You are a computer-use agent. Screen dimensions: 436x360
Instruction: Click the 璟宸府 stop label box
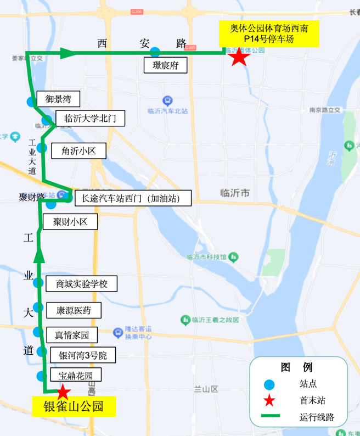click(166, 66)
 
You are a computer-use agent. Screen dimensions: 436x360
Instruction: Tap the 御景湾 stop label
click(58, 99)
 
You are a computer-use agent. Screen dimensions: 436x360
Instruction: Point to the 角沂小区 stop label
click(78, 150)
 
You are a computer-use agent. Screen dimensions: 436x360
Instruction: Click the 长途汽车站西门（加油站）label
click(133, 198)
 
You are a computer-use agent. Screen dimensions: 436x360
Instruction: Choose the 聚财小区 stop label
click(71, 222)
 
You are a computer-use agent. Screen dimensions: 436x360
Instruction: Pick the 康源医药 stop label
click(74, 310)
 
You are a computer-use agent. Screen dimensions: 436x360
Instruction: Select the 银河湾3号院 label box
click(83, 355)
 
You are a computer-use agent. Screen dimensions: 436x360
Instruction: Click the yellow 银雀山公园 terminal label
click(74, 407)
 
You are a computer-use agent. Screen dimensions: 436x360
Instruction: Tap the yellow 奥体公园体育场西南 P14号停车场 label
click(269, 33)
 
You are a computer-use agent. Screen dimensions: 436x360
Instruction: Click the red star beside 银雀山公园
click(63, 392)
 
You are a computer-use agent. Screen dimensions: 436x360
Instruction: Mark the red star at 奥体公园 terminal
click(238, 57)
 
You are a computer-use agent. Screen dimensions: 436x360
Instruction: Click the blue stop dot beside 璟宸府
click(155, 52)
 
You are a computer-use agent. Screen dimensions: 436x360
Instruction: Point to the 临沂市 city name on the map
click(234, 193)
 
